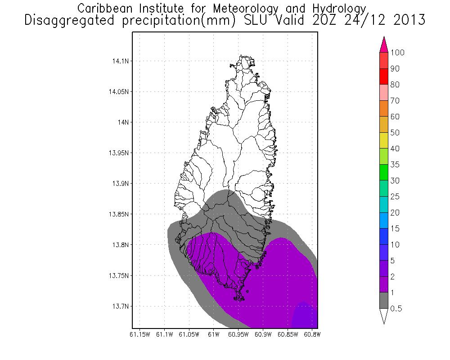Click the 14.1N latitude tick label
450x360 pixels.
pyautogui.click(x=121, y=61)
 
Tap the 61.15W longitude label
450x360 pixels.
pyautogui.click(x=139, y=334)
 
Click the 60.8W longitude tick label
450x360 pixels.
pyautogui.click(x=312, y=334)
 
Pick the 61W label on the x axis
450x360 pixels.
pyautogui.click(x=214, y=334)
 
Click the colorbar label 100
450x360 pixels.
pyautogui.click(x=398, y=53)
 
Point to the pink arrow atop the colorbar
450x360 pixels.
pyautogui.click(x=384, y=45)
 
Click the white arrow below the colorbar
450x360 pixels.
pyautogui.click(x=384, y=316)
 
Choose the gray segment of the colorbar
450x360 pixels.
pyautogui.click(x=384, y=300)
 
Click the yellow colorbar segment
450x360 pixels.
pyautogui.click(x=384, y=140)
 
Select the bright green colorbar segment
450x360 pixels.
pyautogui.click(x=384, y=172)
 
